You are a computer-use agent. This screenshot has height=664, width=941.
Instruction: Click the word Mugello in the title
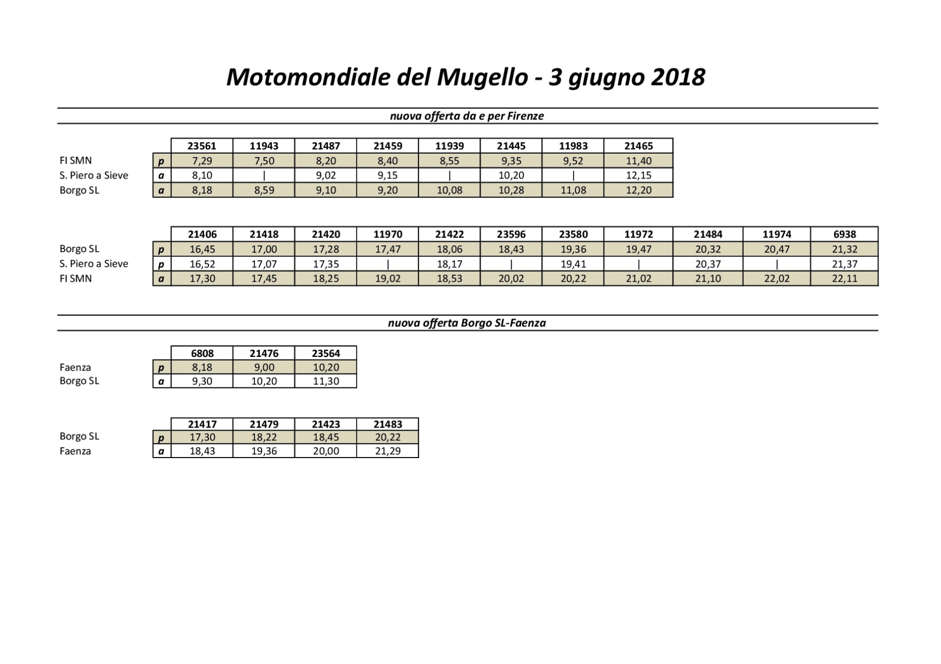click(482, 77)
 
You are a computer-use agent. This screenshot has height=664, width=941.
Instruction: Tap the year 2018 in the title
click(677, 77)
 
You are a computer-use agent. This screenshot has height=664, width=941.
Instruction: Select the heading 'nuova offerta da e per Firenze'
click(467, 116)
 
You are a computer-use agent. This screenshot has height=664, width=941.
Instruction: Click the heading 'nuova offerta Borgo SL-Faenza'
click(467, 323)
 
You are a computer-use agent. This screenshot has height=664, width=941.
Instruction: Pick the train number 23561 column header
click(202, 146)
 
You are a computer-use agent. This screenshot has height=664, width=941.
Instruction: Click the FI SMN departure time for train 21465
click(638, 161)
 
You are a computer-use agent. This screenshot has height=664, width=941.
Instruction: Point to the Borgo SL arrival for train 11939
click(449, 190)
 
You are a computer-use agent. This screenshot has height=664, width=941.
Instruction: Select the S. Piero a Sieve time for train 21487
click(326, 175)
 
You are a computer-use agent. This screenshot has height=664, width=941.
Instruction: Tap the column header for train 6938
click(844, 234)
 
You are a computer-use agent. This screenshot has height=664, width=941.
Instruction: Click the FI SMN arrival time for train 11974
click(776, 279)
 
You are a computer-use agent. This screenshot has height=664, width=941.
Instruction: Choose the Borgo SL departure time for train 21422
click(449, 249)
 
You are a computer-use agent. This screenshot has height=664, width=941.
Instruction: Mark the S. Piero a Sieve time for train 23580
click(573, 264)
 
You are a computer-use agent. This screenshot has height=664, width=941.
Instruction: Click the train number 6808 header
click(202, 353)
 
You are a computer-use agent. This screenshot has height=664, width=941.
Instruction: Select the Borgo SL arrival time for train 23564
click(326, 381)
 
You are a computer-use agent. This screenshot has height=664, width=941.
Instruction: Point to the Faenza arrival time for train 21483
click(388, 451)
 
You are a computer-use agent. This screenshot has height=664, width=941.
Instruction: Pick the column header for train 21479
click(264, 424)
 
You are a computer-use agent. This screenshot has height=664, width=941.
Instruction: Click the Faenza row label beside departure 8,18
click(75, 367)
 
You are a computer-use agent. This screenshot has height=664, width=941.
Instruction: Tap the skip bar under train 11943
click(264, 175)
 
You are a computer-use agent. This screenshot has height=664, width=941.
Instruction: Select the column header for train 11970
click(388, 234)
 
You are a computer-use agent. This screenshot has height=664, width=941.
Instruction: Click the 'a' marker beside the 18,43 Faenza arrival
click(161, 451)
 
